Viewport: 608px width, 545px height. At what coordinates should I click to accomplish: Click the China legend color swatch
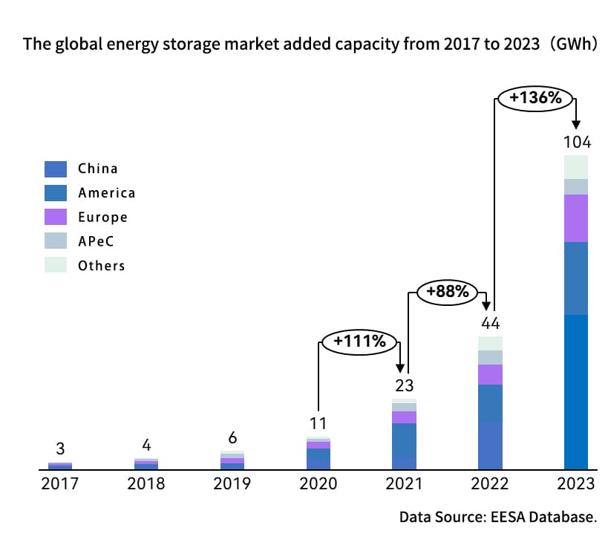[56, 169]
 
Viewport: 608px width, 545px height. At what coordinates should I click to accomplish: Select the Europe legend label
[102, 218]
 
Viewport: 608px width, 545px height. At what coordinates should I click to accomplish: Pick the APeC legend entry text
[97, 241]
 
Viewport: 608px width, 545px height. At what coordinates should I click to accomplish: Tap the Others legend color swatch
[56, 265]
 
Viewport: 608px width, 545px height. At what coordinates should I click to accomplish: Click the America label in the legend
[106, 193]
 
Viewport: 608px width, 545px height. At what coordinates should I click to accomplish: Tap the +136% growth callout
[534, 97]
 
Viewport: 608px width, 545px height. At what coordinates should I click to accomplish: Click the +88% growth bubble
[447, 292]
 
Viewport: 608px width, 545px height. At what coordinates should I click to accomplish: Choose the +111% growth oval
[359, 342]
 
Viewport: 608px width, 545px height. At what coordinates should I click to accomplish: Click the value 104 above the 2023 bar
[576, 142]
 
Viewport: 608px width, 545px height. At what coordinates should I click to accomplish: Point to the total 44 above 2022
[490, 324]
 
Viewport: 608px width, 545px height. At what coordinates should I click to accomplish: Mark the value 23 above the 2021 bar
[404, 386]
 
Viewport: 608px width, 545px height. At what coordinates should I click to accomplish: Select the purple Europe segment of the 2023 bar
[576, 218]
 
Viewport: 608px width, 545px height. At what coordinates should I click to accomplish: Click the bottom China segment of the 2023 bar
[576, 391]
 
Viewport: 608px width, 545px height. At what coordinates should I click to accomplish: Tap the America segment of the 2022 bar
[490, 402]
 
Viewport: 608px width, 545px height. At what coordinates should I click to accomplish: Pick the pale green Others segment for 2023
[576, 167]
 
